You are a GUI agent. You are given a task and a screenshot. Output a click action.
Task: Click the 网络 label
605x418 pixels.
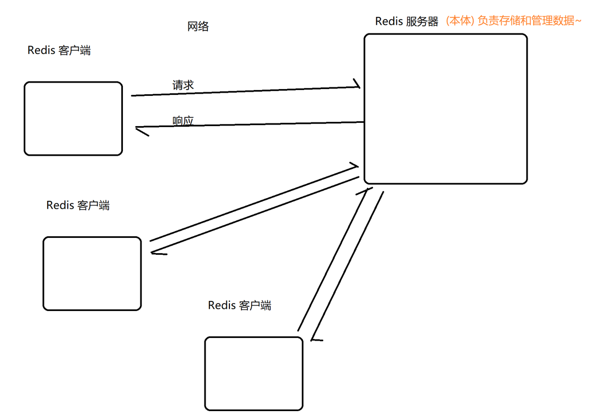198,26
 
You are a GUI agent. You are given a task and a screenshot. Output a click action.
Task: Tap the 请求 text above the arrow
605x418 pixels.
183,85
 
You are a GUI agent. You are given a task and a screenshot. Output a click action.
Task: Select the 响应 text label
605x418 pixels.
183,121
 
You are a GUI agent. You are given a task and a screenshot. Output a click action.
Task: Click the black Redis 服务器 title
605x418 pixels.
406,21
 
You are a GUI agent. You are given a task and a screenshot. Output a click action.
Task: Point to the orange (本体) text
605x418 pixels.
459,21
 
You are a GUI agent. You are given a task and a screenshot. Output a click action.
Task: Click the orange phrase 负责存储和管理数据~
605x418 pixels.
529,21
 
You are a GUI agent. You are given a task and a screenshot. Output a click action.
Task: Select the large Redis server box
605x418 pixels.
445,109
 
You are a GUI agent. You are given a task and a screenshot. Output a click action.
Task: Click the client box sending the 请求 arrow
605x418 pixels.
73,119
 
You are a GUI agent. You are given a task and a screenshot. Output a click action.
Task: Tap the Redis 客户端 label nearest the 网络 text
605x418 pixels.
59,50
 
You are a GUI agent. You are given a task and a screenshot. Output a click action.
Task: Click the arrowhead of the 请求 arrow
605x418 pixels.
357,85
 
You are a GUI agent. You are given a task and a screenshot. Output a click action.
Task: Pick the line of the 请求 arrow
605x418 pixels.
244,91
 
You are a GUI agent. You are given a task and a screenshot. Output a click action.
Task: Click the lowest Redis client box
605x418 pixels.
254,373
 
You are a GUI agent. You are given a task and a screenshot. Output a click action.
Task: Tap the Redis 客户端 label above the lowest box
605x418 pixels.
239,305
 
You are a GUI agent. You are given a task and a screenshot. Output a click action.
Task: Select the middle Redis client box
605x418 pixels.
92,273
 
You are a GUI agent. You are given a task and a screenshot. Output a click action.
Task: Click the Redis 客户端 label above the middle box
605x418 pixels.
78,205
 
